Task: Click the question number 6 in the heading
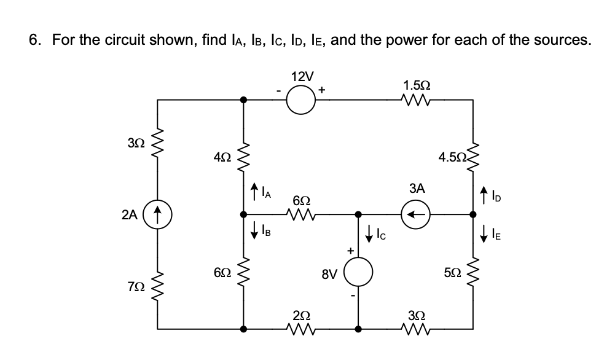[36, 40]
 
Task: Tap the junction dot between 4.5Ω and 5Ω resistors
[472, 215]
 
